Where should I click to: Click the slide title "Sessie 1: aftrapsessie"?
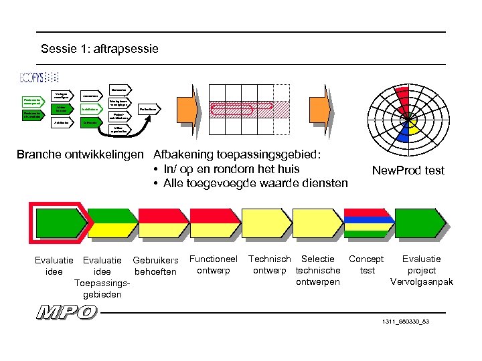click(100, 49)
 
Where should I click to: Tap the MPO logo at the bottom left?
click(67, 312)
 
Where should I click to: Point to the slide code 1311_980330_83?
click(405, 322)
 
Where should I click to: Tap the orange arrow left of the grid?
click(189, 110)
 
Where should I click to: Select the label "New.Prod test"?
click(408, 170)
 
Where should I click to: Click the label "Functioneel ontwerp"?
click(214, 265)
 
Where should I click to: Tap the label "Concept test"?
click(366, 265)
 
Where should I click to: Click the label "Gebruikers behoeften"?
click(156, 265)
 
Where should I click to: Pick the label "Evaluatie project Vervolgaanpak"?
click(421, 270)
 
